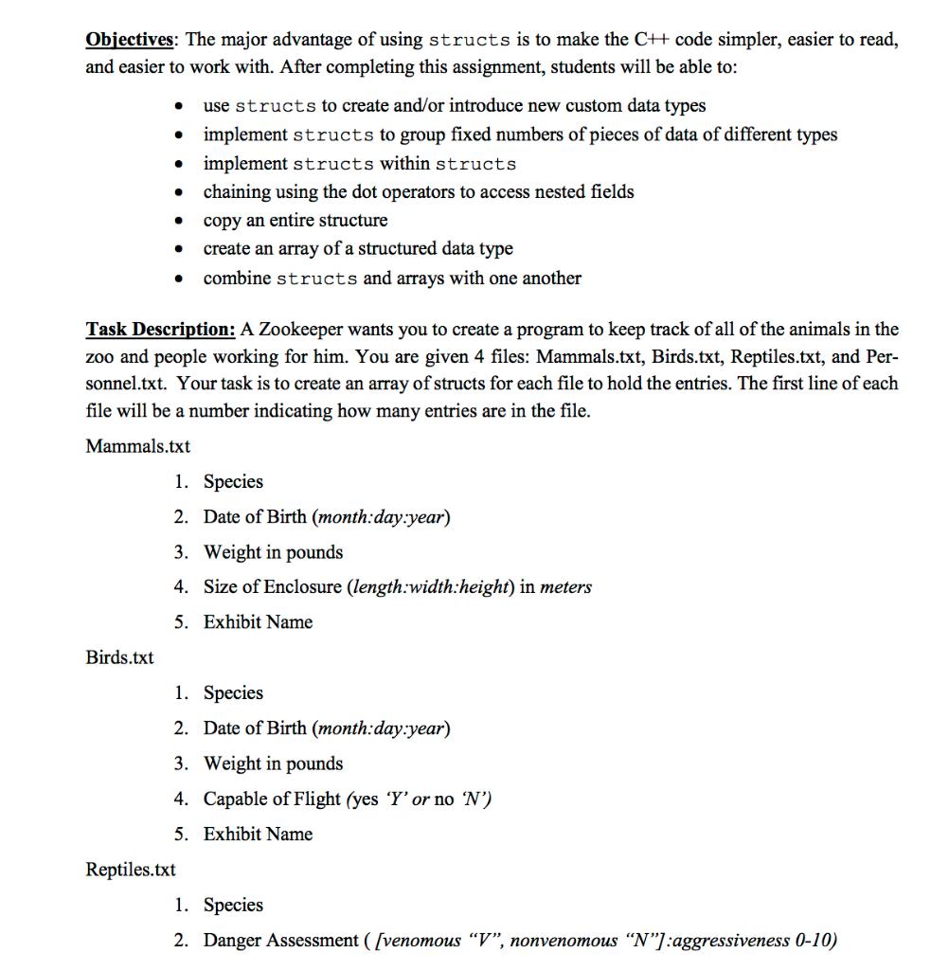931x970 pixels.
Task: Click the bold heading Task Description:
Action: click(x=160, y=330)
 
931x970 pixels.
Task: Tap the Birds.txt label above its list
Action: click(x=119, y=657)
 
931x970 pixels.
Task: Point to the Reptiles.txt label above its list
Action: click(x=130, y=870)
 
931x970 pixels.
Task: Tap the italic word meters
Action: click(x=565, y=586)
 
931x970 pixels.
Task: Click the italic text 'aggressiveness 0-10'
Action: click(x=761, y=940)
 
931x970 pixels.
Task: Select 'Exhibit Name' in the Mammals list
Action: click(x=258, y=622)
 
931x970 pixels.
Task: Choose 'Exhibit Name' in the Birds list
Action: click(x=258, y=835)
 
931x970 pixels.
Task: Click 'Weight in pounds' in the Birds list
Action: click(x=273, y=763)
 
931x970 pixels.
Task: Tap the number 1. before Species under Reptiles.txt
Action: click(x=182, y=905)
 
